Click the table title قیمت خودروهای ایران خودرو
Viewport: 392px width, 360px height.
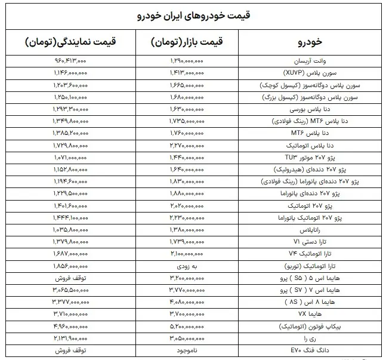196,14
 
